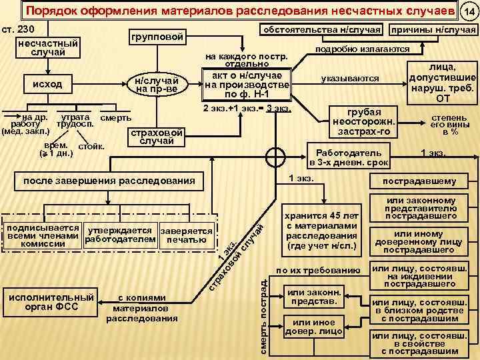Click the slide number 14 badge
click(469, 11)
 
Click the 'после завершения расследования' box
click(109, 181)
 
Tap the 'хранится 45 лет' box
click(321, 231)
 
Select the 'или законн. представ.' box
click(313, 296)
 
